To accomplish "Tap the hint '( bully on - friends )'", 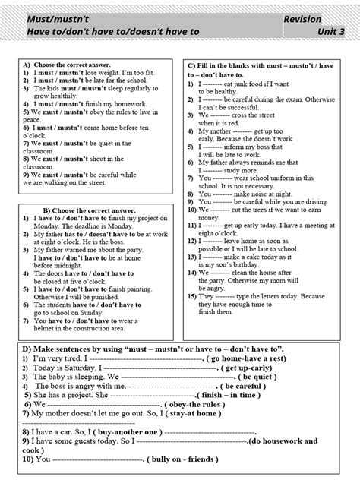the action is (185, 460).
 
